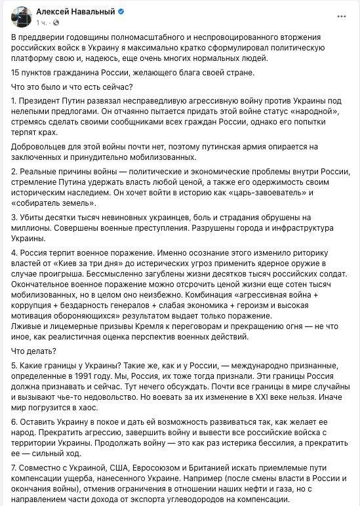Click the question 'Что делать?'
35,350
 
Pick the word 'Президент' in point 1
43,102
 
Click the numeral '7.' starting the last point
16,469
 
